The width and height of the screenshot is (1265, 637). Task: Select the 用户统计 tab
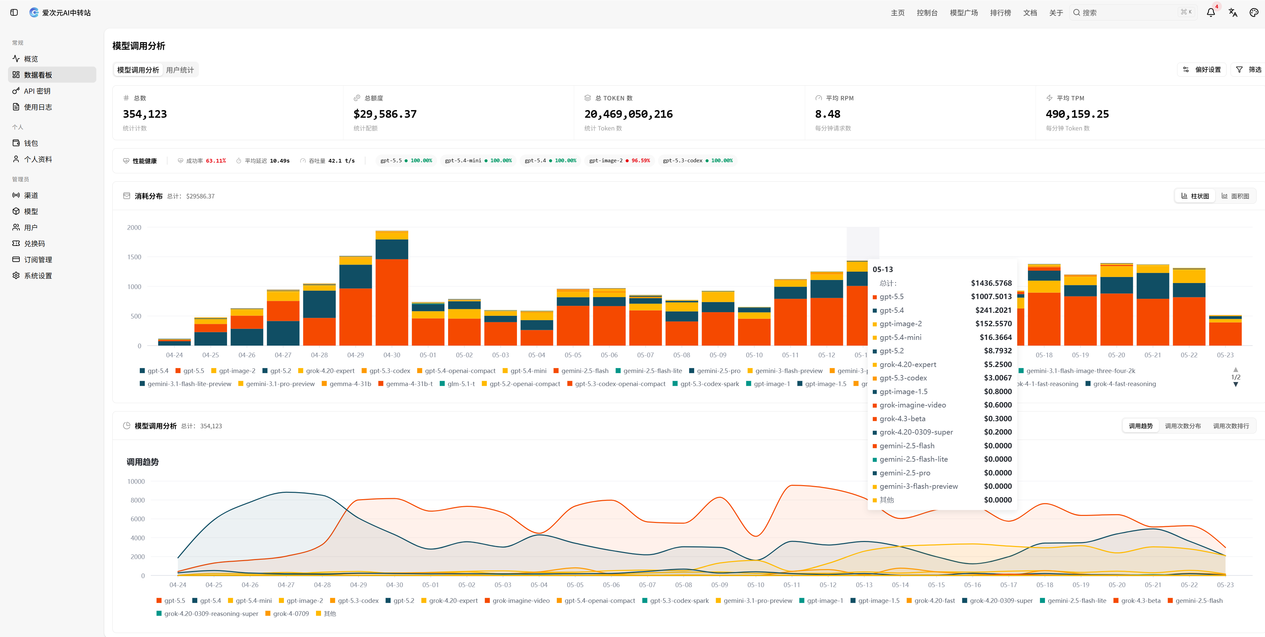coord(180,70)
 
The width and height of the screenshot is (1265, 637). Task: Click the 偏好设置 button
coord(1202,70)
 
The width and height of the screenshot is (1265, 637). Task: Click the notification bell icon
coord(1210,12)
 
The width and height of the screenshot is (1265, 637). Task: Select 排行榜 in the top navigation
coord(1000,13)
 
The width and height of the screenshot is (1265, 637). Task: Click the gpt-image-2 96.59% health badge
coord(619,161)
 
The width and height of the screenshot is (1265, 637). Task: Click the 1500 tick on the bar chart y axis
coord(134,257)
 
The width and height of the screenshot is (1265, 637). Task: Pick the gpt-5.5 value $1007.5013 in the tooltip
coord(991,297)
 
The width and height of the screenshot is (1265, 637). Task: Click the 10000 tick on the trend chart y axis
coord(136,481)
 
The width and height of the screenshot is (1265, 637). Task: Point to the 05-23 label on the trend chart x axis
coord(1225,585)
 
